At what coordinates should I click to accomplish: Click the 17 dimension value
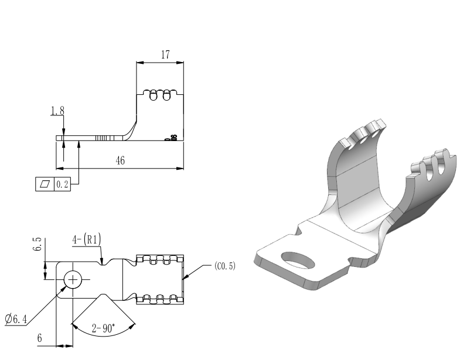tap(165, 55)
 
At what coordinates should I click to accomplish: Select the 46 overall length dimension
tap(120, 161)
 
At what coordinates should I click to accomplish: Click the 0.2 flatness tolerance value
tap(62, 184)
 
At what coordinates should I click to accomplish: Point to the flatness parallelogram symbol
tap(45, 184)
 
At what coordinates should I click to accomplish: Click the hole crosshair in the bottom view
tap(73, 280)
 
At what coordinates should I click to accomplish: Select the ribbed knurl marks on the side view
tap(104, 138)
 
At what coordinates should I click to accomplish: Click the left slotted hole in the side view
tap(154, 97)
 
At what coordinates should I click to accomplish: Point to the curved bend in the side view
tap(130, 130)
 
